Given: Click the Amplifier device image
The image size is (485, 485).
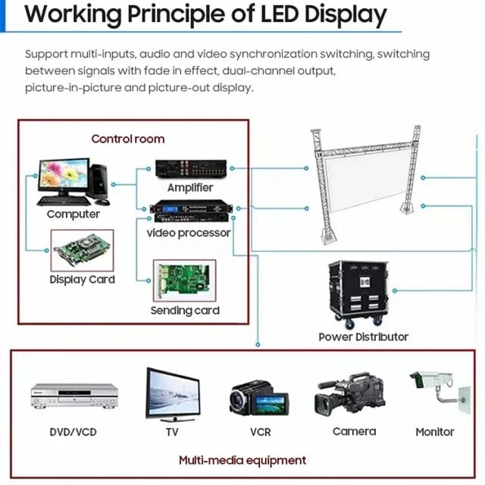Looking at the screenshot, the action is (x=191, y=168).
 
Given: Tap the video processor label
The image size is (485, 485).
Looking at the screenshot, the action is (x=189, y=233).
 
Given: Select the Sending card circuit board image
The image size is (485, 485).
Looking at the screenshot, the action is (x=185, y=280).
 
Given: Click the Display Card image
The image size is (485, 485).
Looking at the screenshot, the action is (x=82, y=250).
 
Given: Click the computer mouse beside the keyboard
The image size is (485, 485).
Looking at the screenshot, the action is (x=102, y=202).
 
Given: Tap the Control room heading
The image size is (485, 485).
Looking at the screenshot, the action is (x=128, y=139).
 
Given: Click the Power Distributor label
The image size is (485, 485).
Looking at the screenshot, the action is (x=364, y=336).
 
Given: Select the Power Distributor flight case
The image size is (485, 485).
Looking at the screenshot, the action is (x=358, y=294).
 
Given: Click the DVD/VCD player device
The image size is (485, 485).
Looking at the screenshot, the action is (x=74, y=396).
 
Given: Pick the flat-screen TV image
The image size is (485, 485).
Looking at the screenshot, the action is (x=173, y=394).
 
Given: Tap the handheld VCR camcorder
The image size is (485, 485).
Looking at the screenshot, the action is (x=259, y=399).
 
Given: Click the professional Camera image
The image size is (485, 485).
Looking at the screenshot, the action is (x=349, y=395).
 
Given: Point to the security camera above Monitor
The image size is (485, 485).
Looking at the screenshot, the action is (x=440, y=390).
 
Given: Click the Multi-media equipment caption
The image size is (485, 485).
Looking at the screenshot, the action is (x=242, y=461).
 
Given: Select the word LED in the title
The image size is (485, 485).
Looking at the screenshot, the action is (x=280, y=14).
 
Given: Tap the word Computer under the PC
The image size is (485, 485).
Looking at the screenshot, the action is (x=74, y=214).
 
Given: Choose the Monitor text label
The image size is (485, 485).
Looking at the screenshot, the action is (x=434, y=432).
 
